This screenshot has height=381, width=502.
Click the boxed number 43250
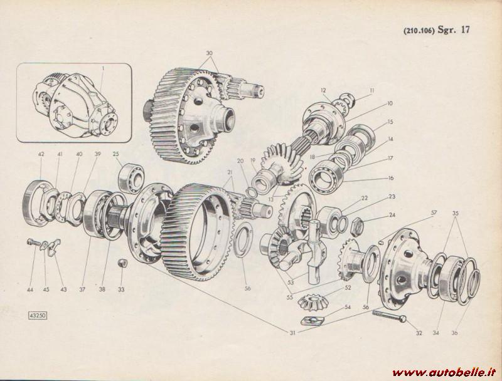pyautogui.click(x=38, y=315)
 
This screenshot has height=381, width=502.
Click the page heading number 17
pyautogui.click(x=465, y=29)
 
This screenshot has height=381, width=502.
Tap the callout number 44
pyautogui.click(x=30, y=290)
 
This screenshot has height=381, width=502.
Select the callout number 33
pyautogui.click(x=121, y=290)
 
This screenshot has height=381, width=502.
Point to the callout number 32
pyautogui.click(x=419, y=333)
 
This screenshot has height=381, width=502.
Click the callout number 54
pyautogui.click(x=348, y=307)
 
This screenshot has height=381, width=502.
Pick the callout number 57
pyautogui.click(x=434, y=212)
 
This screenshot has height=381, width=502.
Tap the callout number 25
pyautogui.click(x=116, y=154)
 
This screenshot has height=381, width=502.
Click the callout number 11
pyautogui.click(x=371, y=90)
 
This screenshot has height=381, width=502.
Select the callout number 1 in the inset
pyautogui.click(x=103, y=68)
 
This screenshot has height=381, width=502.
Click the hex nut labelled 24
pyautogui.click(x=357, y=227)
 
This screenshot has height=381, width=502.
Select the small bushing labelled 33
pyautogui.click(x=122, y=263)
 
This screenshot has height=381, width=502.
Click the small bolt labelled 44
pyautogui.click(x=34, y=243)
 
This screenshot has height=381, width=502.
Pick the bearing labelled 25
pyautogui.click(x=131, y=178)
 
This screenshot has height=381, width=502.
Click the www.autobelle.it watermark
pyautogui.click(x=445, y=372)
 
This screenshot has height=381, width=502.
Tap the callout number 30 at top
pyautogui.click(x=209, y=53)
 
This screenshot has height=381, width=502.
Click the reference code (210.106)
pyautogui.click(x=419, y=31)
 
